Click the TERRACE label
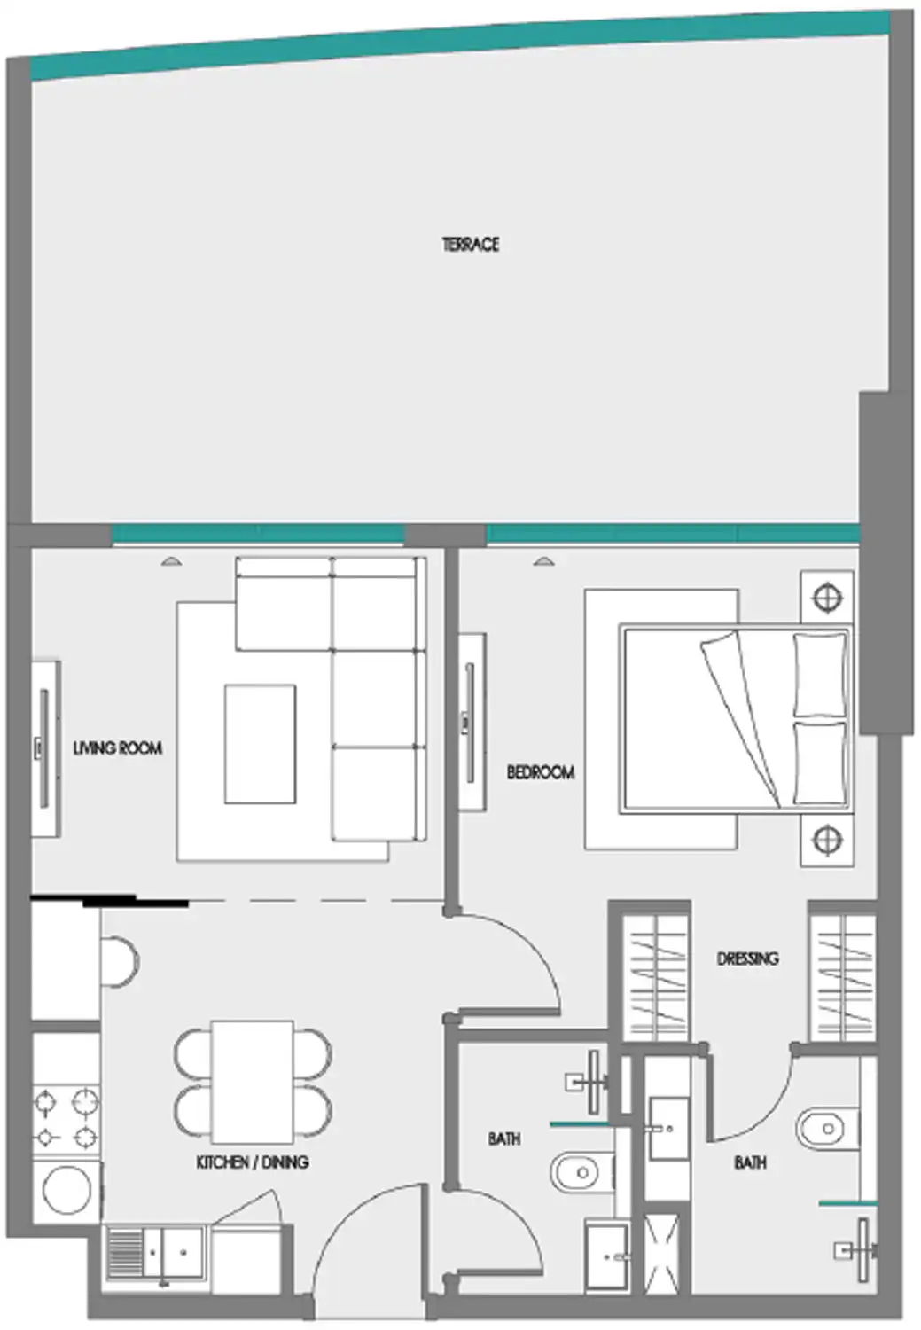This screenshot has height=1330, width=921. coord(470,244)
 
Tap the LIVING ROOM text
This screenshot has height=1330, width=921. coord(117,748)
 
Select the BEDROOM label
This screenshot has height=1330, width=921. coord(540,772)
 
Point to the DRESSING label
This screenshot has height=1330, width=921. coord(747,958)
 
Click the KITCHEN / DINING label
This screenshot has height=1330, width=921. coord(253,1162)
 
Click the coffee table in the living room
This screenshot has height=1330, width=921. coord(259,743)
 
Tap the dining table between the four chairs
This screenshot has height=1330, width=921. coord(253,1082)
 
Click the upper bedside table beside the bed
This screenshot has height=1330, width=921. coord(827,598)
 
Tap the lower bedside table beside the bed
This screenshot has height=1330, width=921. coord(827,838)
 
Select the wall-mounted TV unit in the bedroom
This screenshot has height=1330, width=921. coord(470,722)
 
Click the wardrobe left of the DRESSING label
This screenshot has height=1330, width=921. coord(656,975)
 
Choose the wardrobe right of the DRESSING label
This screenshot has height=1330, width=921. coord(842,975)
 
